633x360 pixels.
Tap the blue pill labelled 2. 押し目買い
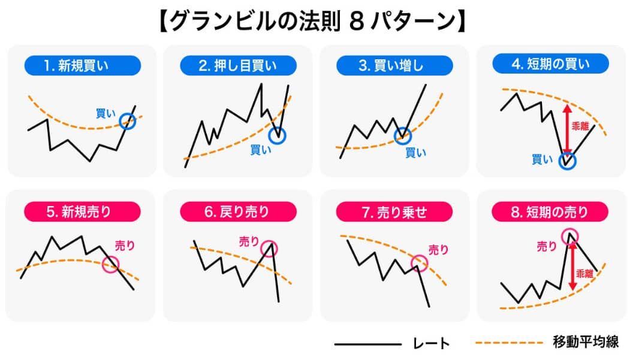click(238, 65)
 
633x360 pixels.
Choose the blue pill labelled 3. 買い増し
click(394, 65)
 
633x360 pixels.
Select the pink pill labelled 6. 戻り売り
click(238, 211)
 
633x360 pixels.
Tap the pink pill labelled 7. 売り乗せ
click(394, 211)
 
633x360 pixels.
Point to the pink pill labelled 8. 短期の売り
click(550, 211)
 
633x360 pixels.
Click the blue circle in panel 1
click(128, 122)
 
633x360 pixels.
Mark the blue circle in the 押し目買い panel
click(277, 135)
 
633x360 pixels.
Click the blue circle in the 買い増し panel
click(403, 135)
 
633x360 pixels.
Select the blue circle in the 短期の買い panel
click(566, 161)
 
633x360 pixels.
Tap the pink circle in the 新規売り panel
click(111, 264)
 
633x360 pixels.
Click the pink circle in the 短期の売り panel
click(569, 235)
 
